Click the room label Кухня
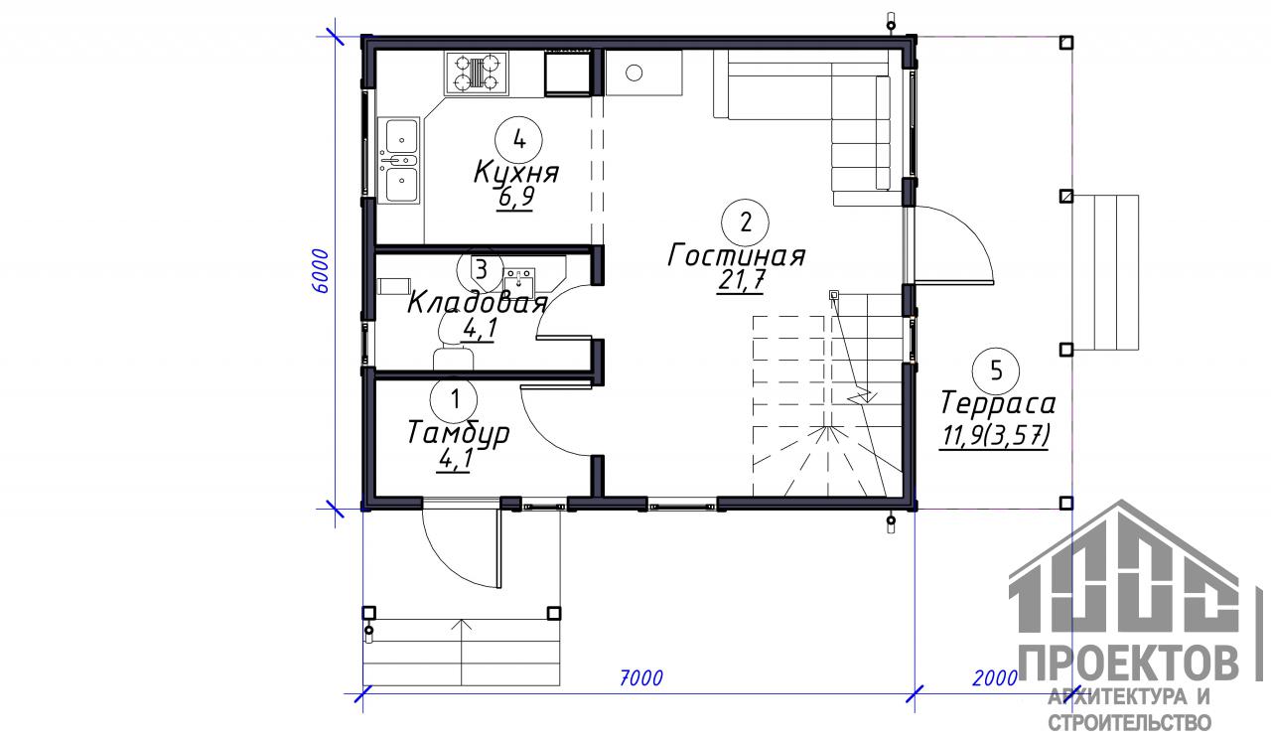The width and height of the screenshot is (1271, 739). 516,172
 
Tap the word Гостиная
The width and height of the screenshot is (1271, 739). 737,255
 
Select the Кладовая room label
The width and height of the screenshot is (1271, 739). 478,304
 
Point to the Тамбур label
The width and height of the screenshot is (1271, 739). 458,434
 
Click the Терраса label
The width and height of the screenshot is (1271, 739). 998,403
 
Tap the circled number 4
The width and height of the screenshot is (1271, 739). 518,138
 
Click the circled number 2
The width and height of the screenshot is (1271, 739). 745,222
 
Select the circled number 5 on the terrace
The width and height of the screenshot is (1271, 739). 996,371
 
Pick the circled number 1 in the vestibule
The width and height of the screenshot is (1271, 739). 455,400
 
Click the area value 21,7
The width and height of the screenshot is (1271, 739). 741,280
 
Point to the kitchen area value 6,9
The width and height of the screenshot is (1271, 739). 515,198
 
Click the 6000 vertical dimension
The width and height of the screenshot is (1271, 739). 320,271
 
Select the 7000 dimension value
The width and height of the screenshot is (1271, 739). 640,677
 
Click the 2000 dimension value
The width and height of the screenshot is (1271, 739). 995,677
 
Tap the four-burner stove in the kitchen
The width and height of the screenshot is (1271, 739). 477,74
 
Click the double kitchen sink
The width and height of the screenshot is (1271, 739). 399,161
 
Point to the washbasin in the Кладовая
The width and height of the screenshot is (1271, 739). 519,279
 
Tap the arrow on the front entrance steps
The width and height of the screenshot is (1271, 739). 463,653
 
